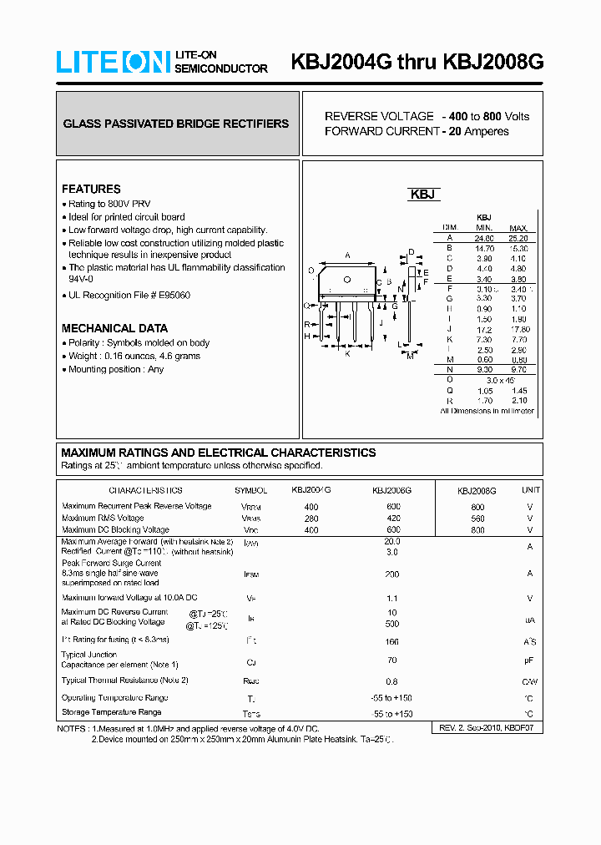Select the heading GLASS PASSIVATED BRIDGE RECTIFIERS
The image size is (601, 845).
[176, 124]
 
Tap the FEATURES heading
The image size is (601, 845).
[91, 189]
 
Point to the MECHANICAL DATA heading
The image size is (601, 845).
[114, 328]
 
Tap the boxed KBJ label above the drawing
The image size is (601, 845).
[423, 195]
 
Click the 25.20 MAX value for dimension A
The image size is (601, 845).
[518, 238]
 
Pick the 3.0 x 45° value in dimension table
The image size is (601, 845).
[499, 380]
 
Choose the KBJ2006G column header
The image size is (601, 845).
[391, 491]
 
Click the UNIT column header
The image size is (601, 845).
[530, 490]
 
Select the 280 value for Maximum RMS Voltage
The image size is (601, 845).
[311, 519]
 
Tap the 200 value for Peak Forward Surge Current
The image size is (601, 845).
[391, 574]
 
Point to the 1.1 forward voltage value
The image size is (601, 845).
[391, 598]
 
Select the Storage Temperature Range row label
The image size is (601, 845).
[111, 712]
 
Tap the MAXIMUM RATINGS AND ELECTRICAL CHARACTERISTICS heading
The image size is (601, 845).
[219, 453]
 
